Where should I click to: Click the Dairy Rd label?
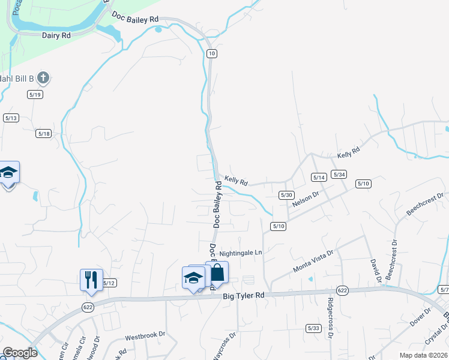[56, 35]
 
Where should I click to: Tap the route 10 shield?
[211, 54]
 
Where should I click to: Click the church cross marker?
[43, 77]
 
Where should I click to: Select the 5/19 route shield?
[35, 95]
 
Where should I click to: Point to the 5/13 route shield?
[11, 118]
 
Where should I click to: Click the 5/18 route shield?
[43, 134]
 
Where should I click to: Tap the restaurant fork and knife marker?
[91, 280]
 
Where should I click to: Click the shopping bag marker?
[217, 273]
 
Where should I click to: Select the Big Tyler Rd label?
[243, 296]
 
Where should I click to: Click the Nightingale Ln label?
[241, 253]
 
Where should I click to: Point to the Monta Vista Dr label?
[312, 261]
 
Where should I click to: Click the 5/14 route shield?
[319, 178]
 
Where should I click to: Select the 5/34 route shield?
[339, 175]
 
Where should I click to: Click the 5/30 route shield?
[286, 195]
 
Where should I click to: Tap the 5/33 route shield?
[313, 328]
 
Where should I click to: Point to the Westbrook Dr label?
[145, 340]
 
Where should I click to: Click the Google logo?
[20, 353]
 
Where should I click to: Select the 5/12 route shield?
[109, 283]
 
